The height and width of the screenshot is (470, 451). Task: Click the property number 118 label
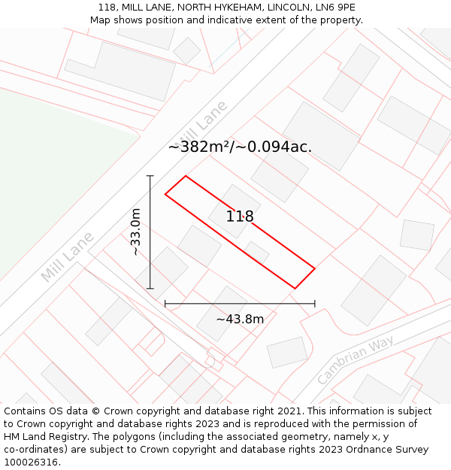[x=240, y=217]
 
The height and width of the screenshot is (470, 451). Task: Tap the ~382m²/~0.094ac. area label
[x=240, y=147]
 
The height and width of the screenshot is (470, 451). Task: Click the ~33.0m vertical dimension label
[x=136, y=232]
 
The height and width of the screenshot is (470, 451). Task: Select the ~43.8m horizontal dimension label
[x=240, y=319]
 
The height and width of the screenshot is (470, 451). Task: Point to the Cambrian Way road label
[x=356, y=360]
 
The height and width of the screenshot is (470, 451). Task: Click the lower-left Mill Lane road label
[x=68, y=257]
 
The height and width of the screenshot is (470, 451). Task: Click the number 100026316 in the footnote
[x=29, y=462]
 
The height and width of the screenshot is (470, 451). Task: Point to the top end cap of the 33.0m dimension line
[x=150, y=176]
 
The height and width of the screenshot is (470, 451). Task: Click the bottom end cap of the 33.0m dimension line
[x=150, y=289]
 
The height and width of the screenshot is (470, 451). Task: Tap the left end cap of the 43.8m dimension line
[x=165, y=304]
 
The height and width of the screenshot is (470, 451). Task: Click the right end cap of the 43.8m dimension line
[x=315, y=304]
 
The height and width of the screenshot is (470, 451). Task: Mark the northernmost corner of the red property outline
[x=185, y=176]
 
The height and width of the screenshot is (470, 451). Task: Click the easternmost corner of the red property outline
[x=315, y=268]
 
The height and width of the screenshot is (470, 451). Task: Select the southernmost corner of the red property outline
[x=295, y=288]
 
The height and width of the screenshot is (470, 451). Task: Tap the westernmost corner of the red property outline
[x=165, y=195]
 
